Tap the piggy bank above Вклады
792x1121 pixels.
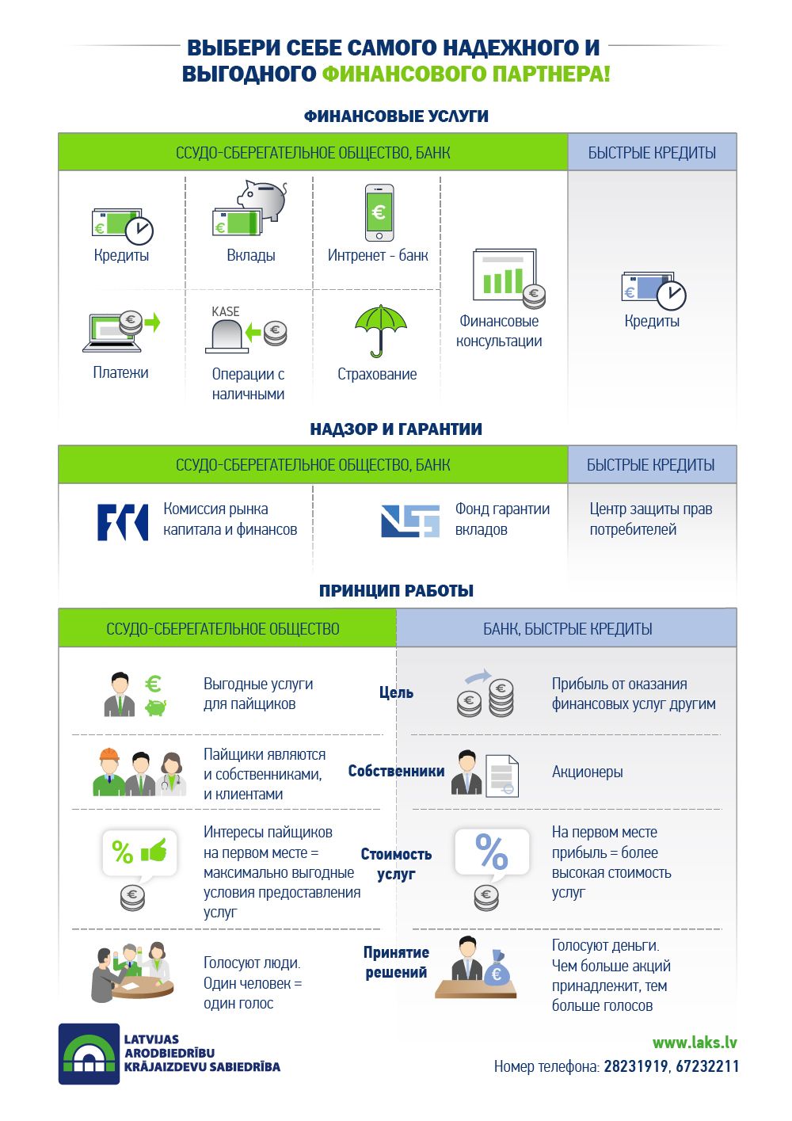pos(263,199)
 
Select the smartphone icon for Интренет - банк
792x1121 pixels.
pos(379,212)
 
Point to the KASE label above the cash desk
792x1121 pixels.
pos(226,311)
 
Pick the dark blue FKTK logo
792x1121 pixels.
pos(122,522)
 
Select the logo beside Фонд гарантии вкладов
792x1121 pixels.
pos(410,521)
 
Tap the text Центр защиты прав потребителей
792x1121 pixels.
pos(650,519)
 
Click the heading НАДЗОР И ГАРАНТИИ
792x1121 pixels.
pos(396,429)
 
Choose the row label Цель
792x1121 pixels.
pos(396,692)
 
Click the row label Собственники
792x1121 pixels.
pos(396,771)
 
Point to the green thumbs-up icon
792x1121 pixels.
pos(154,852)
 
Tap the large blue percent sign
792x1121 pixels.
pos(491,852)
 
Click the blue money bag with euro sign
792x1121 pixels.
pos(497,969)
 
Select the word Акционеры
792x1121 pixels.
pos(587,772)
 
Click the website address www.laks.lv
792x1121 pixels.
pos(695,1043)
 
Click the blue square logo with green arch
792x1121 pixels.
pos(89,1054)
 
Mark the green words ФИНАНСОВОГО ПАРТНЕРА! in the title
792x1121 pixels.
pos(466,74)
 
